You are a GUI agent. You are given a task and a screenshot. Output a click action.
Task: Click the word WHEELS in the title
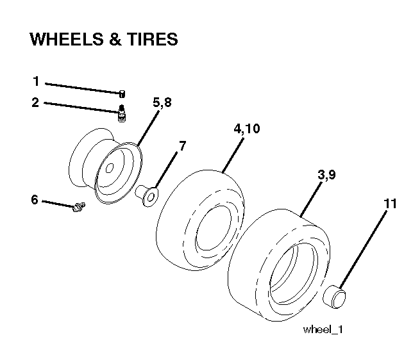[x=67, y=39]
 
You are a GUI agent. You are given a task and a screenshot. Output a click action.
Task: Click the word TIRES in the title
[x=152, y=39]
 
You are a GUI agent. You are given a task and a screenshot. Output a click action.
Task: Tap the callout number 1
[x=37, y=81]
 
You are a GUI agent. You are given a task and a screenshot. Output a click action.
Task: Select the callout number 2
[x=35, y=102]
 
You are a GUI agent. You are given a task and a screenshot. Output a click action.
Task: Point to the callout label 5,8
[x=162, y=102]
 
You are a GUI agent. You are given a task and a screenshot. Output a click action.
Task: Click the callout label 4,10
[x=247, y=129]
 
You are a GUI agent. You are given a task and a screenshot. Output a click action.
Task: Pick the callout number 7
[x=182, y=145]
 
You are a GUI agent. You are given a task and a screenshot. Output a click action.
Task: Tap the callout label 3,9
[x=326, y=175]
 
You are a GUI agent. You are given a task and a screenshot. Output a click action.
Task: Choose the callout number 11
[x=390, y=204]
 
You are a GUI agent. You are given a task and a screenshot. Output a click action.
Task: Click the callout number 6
[x=35, y=200]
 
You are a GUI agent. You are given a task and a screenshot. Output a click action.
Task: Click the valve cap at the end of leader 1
[x=122, y=94]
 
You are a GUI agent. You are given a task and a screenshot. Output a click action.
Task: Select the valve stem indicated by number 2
[x=121, y=113]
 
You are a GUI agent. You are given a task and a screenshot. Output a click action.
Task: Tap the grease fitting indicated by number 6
[x=78, y=207]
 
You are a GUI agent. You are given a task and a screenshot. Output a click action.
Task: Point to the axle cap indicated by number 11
[x=334, y=297]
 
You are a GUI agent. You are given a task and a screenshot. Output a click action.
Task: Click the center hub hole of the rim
[x=110, y=168]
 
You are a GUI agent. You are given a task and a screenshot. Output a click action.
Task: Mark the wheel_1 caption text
[x=323, y=329]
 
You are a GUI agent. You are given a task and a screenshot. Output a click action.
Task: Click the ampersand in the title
[x=115, y=39]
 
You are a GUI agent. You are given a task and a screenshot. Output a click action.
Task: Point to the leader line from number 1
[x=83, y=88]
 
